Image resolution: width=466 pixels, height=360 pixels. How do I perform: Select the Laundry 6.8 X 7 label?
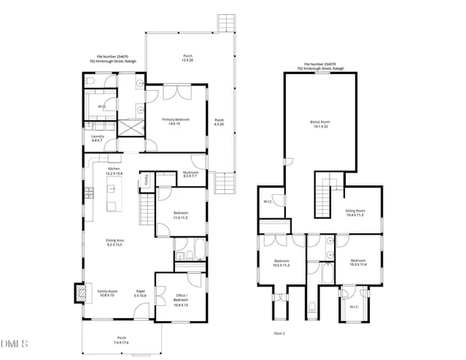tap(97, 139)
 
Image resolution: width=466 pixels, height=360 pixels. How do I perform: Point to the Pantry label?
tap(147, 178)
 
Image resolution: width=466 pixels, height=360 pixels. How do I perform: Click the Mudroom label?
tap(190, 174)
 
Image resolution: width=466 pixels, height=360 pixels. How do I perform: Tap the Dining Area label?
tap(114, 242)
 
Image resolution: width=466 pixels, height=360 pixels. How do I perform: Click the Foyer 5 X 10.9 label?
tap(140, 293)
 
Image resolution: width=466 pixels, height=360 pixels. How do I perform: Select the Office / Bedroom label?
tap(181, 301)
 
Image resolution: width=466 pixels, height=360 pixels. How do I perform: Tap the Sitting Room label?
tap(354, 213)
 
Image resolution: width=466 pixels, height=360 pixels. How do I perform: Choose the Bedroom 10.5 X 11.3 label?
tap(281, 263)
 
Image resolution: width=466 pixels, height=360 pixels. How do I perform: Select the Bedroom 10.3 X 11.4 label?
tap(359, 263)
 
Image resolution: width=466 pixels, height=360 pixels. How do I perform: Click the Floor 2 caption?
tap(279, 332)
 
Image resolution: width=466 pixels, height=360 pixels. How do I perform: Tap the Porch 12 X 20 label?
tap(188, 58)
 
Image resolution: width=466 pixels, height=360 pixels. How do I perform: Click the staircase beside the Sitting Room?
tap(325, 197)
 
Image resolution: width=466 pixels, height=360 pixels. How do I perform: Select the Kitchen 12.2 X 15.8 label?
tap(114, 172)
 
